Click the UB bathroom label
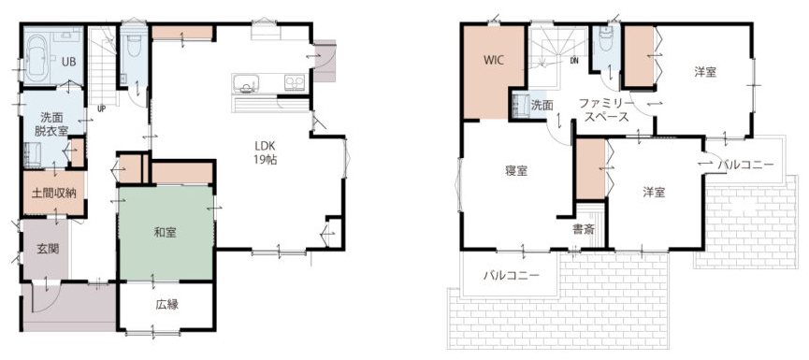click(x=69, y=62)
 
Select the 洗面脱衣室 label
click(x=51, y=123)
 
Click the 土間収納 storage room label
click(x=54, y=194)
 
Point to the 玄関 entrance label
click(x=48, y=249)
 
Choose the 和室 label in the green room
click(x=166, y=233)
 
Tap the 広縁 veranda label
click(x=166, y=304)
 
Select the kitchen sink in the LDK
click(x=246, y=83)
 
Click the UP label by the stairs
click(x=102, y=108)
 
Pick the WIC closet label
click(x=494, y=59)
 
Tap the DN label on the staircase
click(x=574, y=60)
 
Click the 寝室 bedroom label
click(x=516, y=171)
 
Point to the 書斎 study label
click(x=583, y=229)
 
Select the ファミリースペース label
click(x=603, y=109)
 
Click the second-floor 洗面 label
click(x=542, y=106)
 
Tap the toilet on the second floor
click(x=606, y=39)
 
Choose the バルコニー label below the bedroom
click(x=512, y=275)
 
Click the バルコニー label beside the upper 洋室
click(x=746, y=166)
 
